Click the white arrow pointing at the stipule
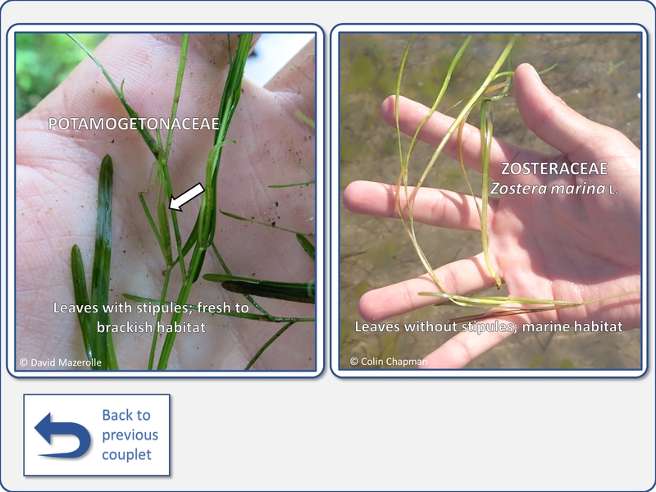(x=187, y=197)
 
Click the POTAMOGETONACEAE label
(x=134, y=124)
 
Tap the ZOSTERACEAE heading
(x=554, y=169)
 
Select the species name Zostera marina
(x=548, y=189)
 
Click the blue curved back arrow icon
(x=63, y=435)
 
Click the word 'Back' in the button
(x=126, y=415)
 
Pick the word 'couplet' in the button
(x=127, y=455)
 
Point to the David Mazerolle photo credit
(x=61, y=362)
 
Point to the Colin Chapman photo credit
(x=389, y=362)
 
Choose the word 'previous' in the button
(x=130, y=435)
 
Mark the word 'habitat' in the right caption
(x=597, y=326)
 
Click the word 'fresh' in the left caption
(x=212, y=308)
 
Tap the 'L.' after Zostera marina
(x=613, y=190)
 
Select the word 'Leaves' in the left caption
(x=75, y=308)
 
